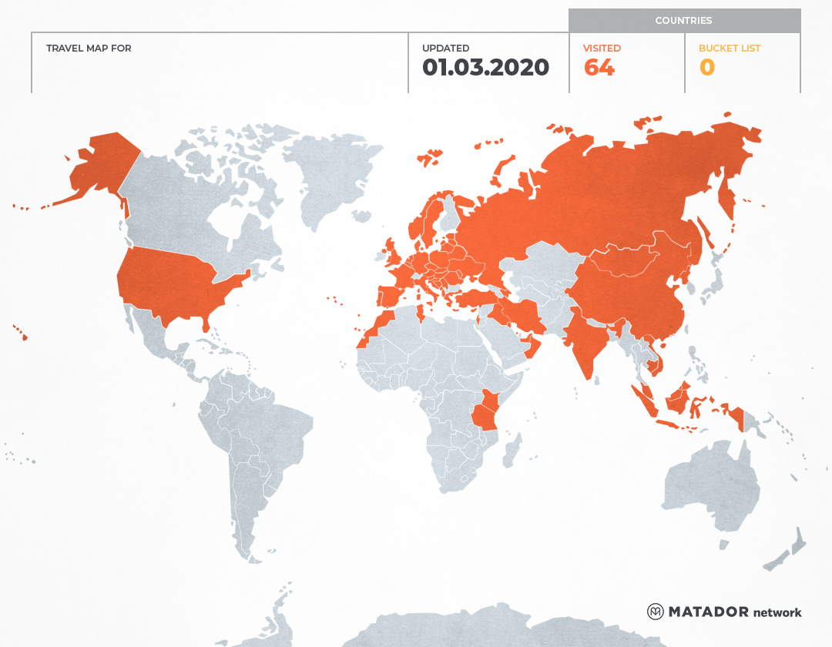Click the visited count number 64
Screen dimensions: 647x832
tap(599, 68)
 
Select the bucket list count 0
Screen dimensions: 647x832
tap(706, 68)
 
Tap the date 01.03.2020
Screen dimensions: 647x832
tap(485, 68)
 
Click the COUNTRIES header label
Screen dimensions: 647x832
tap(683, 21)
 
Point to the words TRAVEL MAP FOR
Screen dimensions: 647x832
tap(89, 49)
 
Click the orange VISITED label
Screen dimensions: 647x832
tap(602, 49)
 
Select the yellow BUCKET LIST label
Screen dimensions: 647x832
tap(729, 49)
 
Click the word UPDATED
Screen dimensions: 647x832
tap(445, 49)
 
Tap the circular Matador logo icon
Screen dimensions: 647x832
tap(655, 612)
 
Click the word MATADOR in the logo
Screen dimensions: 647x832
tap(708, 612)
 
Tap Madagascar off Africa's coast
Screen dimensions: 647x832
tap(511, 450)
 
